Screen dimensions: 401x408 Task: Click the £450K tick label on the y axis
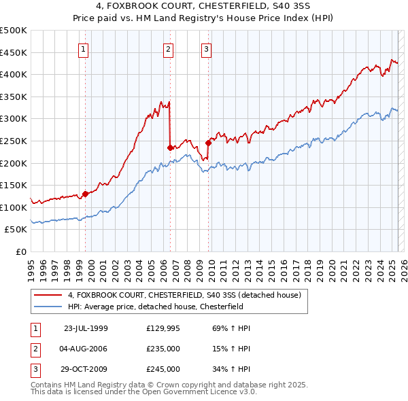[14, 52]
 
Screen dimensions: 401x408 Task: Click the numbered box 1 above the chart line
[83, 48]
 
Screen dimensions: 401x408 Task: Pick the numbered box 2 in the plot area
[168, 48]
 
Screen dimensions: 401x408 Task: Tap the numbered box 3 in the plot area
[206, 48]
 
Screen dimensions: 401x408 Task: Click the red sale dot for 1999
[86, 194]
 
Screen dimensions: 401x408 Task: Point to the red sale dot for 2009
[209, 143]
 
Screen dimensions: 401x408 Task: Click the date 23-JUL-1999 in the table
[86, 328]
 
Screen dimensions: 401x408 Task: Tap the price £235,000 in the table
[163, 349]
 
